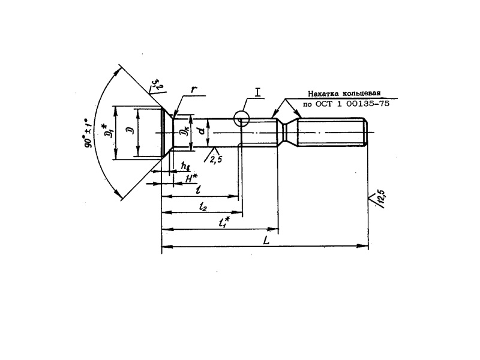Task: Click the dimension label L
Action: coord(266,239)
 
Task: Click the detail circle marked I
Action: coord(242,119)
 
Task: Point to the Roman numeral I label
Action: coord(257,92)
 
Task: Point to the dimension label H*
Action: coord(190,179)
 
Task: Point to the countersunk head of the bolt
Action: coord(166,132)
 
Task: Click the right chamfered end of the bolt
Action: coord(365,133)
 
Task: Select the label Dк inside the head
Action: coord(185,131)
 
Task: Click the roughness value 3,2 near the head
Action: coord(155,83)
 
